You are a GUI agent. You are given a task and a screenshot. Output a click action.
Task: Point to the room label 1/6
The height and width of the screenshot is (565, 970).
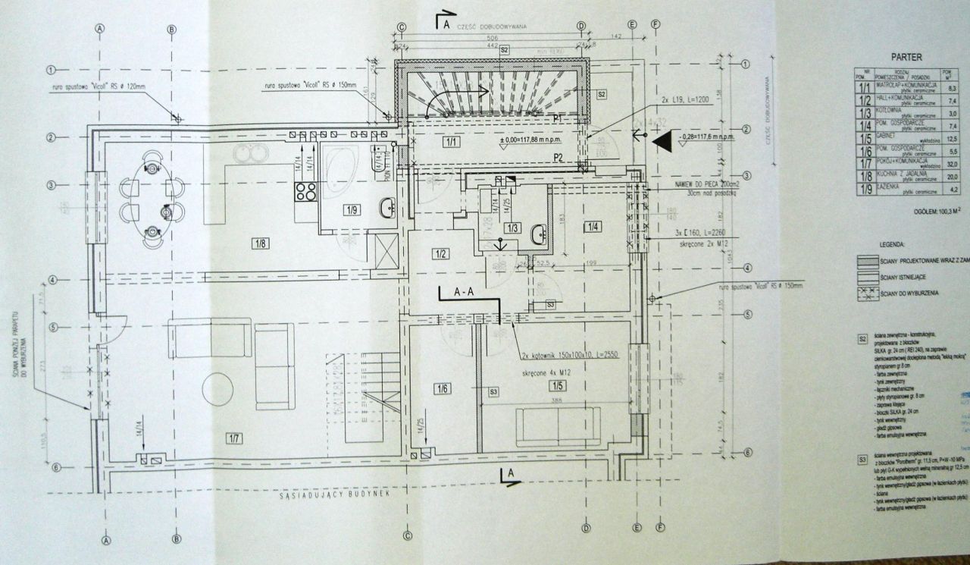pyautogui.click(x=443, y=389)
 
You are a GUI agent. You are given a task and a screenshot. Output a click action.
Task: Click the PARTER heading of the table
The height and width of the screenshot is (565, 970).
pyautogui.click(x=906, y=57)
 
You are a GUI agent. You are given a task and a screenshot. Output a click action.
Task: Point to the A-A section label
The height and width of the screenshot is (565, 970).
pyautogui.click(x=464, y=290)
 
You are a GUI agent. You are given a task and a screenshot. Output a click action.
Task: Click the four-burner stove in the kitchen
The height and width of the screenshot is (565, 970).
pyautogui.click(x=305, y=191)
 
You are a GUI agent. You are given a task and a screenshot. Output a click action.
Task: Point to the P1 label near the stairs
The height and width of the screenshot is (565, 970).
pyautogui.click(x=557, y=118)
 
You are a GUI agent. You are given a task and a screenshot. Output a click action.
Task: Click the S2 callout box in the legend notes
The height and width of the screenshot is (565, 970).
pyautogui.click(x=862, y=339)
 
